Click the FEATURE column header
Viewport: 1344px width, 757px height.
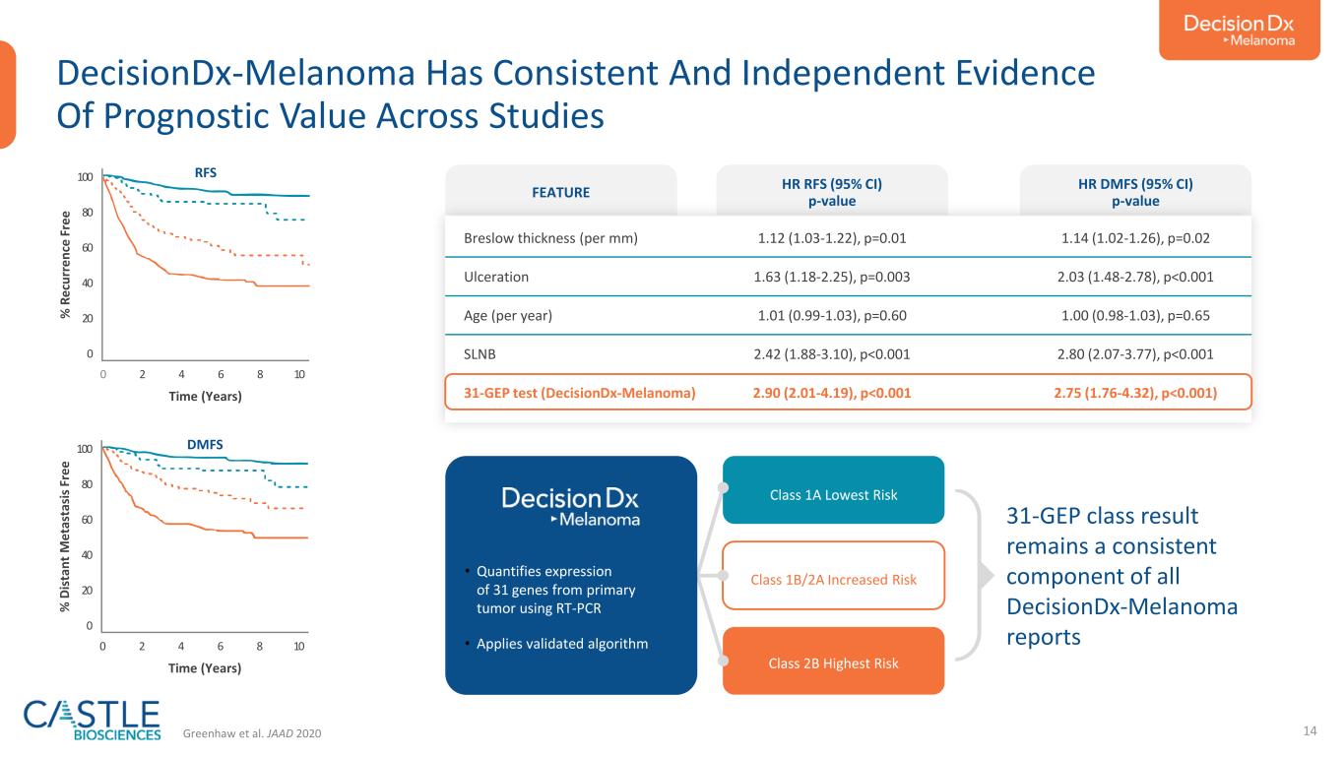click(x=561, y=192)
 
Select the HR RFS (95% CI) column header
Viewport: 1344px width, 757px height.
click(x=832, y=192)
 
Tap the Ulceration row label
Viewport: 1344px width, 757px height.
click(x=495, y=277)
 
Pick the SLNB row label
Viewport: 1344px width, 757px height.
click(x=482, y=353)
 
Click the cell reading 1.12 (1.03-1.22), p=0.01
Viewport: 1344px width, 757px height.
click(x=832, y=237)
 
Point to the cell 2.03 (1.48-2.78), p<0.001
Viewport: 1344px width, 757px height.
click(x=1135, y=277)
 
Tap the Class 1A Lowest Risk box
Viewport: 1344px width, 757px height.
click(x=834, y=494)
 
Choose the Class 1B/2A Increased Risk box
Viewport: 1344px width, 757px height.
click(x=834, y=579)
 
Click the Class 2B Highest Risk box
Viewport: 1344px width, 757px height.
click(x=834, y=662)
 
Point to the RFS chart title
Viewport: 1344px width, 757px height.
click(x=205, y=172)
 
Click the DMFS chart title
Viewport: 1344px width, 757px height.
click(x=205, y=445)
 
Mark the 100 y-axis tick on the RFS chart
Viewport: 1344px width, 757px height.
click(x=86, y=177)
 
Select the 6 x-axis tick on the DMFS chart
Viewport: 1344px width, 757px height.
click(x=221, y=647)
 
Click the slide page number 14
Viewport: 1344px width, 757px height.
click(x=1310, y=730)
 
